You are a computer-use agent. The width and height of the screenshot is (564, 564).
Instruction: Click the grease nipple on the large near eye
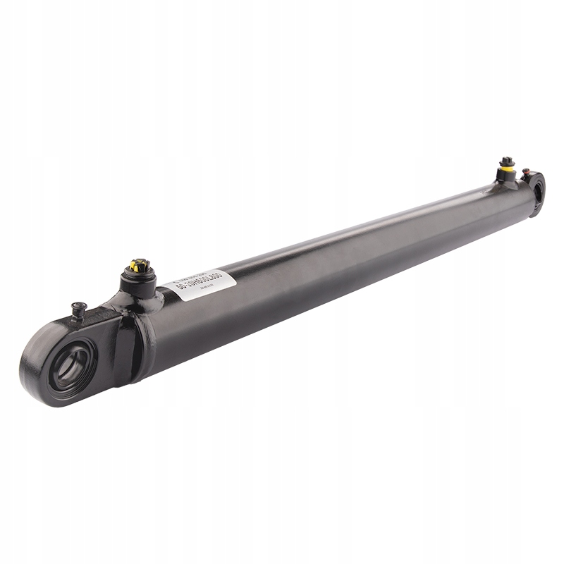click(x=79, y=310)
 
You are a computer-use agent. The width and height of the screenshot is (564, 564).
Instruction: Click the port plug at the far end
click(x=507, y=169)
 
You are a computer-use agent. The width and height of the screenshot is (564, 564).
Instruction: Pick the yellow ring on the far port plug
click(x=507, y=168)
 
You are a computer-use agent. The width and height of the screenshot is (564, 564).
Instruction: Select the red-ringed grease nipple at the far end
click(x=525, y=171)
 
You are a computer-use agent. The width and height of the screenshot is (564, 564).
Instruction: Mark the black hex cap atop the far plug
click(x=506, y=161)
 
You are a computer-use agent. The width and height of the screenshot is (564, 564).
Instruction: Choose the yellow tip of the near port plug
click(x=139, y=266)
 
